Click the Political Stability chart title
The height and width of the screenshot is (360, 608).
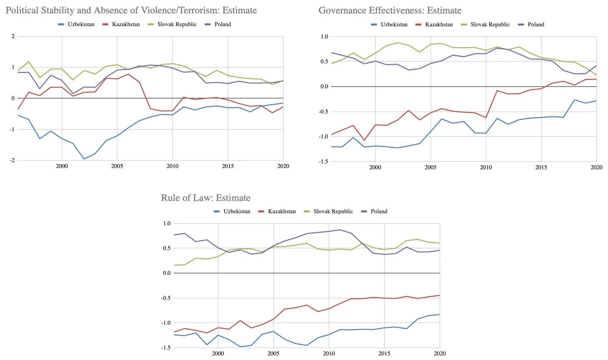coord(131,10)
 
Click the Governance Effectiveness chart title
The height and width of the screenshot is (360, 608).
coord(390,10)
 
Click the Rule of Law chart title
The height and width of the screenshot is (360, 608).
coord(206,198)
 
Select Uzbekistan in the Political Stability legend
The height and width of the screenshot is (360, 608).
coord(81,24)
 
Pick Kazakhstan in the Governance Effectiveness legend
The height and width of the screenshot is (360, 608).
coord(439,25)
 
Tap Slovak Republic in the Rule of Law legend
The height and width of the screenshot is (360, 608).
coord(333,211)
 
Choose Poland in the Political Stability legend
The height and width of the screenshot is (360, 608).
coord(223,24)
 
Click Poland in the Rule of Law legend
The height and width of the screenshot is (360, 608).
coord(379,211)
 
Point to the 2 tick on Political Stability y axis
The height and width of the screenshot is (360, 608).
coord(13,36)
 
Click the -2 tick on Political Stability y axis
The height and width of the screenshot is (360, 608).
coord(12,160)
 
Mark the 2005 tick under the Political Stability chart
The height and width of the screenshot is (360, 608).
coord(117,166)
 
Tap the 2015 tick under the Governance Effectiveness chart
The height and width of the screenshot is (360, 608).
coord(541,167)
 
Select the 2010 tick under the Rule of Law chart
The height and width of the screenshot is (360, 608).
coord(329,353)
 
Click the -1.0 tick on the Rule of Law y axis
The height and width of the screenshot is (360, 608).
coord(166,323)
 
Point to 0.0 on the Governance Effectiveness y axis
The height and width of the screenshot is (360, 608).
coord(324,87)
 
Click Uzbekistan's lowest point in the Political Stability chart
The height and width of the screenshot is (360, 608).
coord(84,159)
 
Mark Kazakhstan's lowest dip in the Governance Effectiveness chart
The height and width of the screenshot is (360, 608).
coord(364,140)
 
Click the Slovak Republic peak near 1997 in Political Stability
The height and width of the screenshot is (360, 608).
coord(29,62)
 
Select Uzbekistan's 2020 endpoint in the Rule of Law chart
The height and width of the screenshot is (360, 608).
coord(439,315)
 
